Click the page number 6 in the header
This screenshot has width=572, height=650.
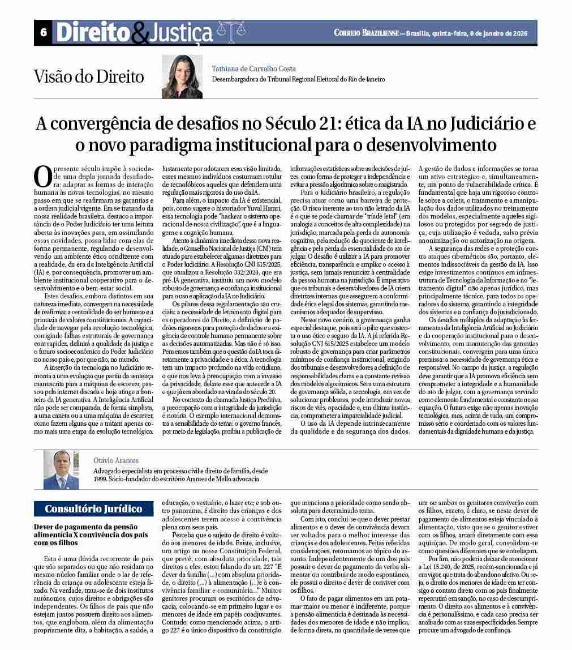pos(43,33)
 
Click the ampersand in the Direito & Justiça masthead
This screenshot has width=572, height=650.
pos(139,34)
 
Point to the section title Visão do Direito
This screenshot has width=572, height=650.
pos(88,76)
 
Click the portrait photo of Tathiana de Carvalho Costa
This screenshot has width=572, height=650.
pos(182,76)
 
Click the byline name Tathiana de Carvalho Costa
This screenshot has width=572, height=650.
pos(253,69)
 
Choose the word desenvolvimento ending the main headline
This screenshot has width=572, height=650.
pos(431,145)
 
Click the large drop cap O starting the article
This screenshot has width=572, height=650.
pos(43,177)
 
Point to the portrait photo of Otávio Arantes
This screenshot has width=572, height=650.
pos(61,469)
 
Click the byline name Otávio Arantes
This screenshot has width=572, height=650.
pos(116,461)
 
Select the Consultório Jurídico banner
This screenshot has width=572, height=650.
pos(93,508)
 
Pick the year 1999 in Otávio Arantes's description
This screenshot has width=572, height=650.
pos(101,478)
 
